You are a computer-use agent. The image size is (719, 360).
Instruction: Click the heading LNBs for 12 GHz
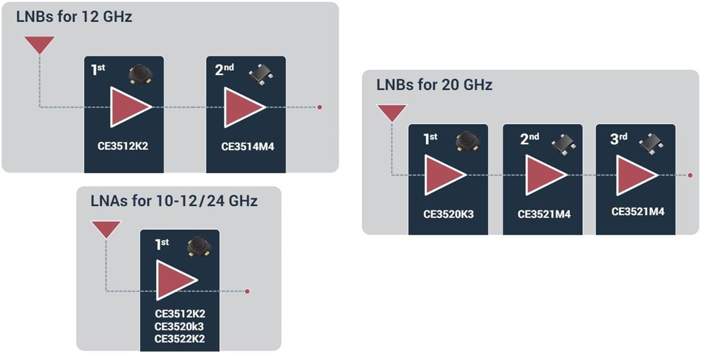point(74,17)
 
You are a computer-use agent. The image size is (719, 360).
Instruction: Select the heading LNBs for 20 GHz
point(434,85)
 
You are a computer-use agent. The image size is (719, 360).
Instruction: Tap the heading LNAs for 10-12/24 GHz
point(174,201)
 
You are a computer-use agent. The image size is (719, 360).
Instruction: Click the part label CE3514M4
point(247,146)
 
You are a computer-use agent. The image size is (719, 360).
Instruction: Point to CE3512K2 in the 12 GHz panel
point(123,146)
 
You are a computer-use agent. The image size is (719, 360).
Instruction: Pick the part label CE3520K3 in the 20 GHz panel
point(448,213)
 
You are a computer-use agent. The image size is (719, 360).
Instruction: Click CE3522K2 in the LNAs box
point(180,338)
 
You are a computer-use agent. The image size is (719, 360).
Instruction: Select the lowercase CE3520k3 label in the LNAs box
point(180,326)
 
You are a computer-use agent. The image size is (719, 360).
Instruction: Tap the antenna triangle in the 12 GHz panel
point(40,44)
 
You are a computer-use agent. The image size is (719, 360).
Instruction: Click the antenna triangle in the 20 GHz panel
point(391,111)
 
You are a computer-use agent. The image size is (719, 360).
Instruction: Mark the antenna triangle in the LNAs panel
point(105,228)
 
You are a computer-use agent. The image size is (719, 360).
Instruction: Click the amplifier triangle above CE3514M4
point(243,107)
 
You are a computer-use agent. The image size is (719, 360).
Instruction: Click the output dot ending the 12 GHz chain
point(320,107)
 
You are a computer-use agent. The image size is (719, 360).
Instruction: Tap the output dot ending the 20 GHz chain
point(690,176)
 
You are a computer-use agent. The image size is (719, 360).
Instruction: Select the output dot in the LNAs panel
point(247,292)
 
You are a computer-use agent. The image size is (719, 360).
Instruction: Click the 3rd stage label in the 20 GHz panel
point(618,139)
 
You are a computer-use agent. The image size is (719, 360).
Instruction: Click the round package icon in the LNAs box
point(198,247)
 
